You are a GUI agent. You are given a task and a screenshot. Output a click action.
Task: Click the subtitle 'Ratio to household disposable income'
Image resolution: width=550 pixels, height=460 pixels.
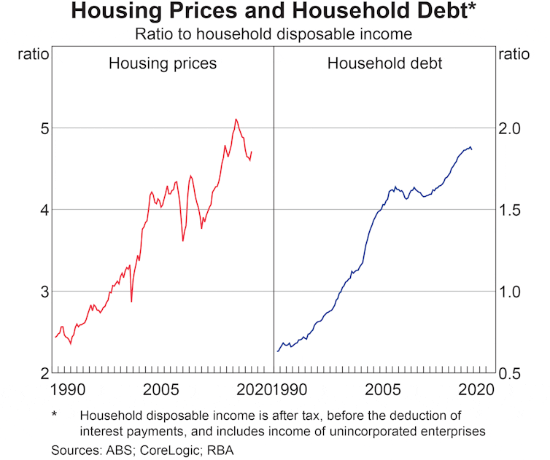click(274, 34)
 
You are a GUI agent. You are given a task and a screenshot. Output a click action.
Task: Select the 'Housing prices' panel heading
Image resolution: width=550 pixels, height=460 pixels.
click(163, 63)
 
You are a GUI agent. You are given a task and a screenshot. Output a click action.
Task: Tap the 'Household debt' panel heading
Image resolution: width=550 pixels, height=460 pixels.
click(384, 63)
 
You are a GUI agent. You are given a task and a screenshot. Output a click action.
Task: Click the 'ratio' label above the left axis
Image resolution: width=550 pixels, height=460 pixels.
click(32, 55)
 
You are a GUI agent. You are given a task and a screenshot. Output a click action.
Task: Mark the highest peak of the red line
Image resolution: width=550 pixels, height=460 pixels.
click(236, 119)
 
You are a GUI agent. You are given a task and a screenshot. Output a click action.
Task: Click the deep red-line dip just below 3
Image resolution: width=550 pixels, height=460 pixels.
click(131, 301)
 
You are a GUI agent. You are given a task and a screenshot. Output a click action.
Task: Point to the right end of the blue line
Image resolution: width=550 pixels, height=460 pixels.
click(472, 149)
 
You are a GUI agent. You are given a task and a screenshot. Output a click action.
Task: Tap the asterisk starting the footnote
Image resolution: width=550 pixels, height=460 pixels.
click(55, 415)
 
